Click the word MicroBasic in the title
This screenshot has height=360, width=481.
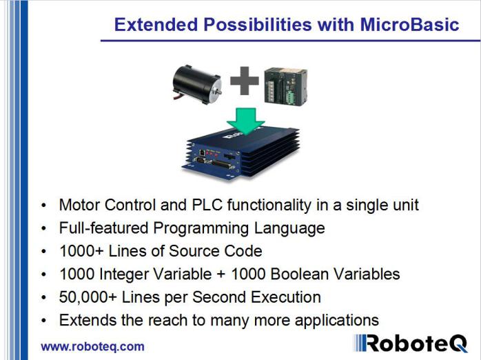tap(409, 25)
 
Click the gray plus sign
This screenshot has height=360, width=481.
tap(244, 83)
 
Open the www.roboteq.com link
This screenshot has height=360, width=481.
tap(92, 346)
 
